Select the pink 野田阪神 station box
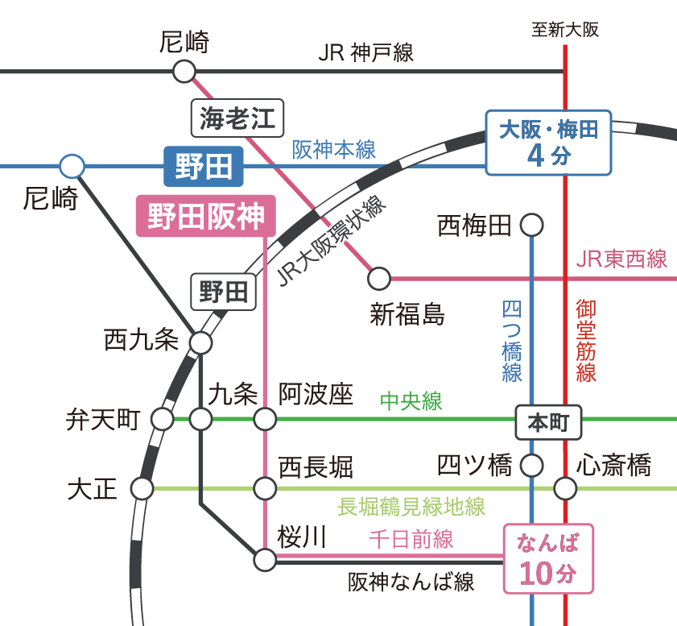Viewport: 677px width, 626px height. (x=206, y=216)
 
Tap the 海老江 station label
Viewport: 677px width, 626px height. (x=237, y=119)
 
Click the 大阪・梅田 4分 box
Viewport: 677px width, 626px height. (x=548, y=143)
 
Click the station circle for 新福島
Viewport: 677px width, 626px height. (x=378, y=279)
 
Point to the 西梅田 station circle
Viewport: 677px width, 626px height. (x=532, y=225)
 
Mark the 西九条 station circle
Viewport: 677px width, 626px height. (x=200, y=343)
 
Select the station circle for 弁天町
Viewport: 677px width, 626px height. (x=163, y=419)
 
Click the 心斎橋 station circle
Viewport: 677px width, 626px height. (x=565, y=488)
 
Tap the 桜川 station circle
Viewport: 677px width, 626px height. (x=265, y=558)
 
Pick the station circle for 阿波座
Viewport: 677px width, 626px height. (x=265, y=419)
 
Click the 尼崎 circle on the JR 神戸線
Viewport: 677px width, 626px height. (x=184, y=72)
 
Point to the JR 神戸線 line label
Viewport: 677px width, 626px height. (x=365, y=53)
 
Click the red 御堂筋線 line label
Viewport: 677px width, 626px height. (x=586, y=340)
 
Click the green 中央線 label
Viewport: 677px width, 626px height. (x=411, y=401)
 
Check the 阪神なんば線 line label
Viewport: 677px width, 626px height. (x=411, y=582)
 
